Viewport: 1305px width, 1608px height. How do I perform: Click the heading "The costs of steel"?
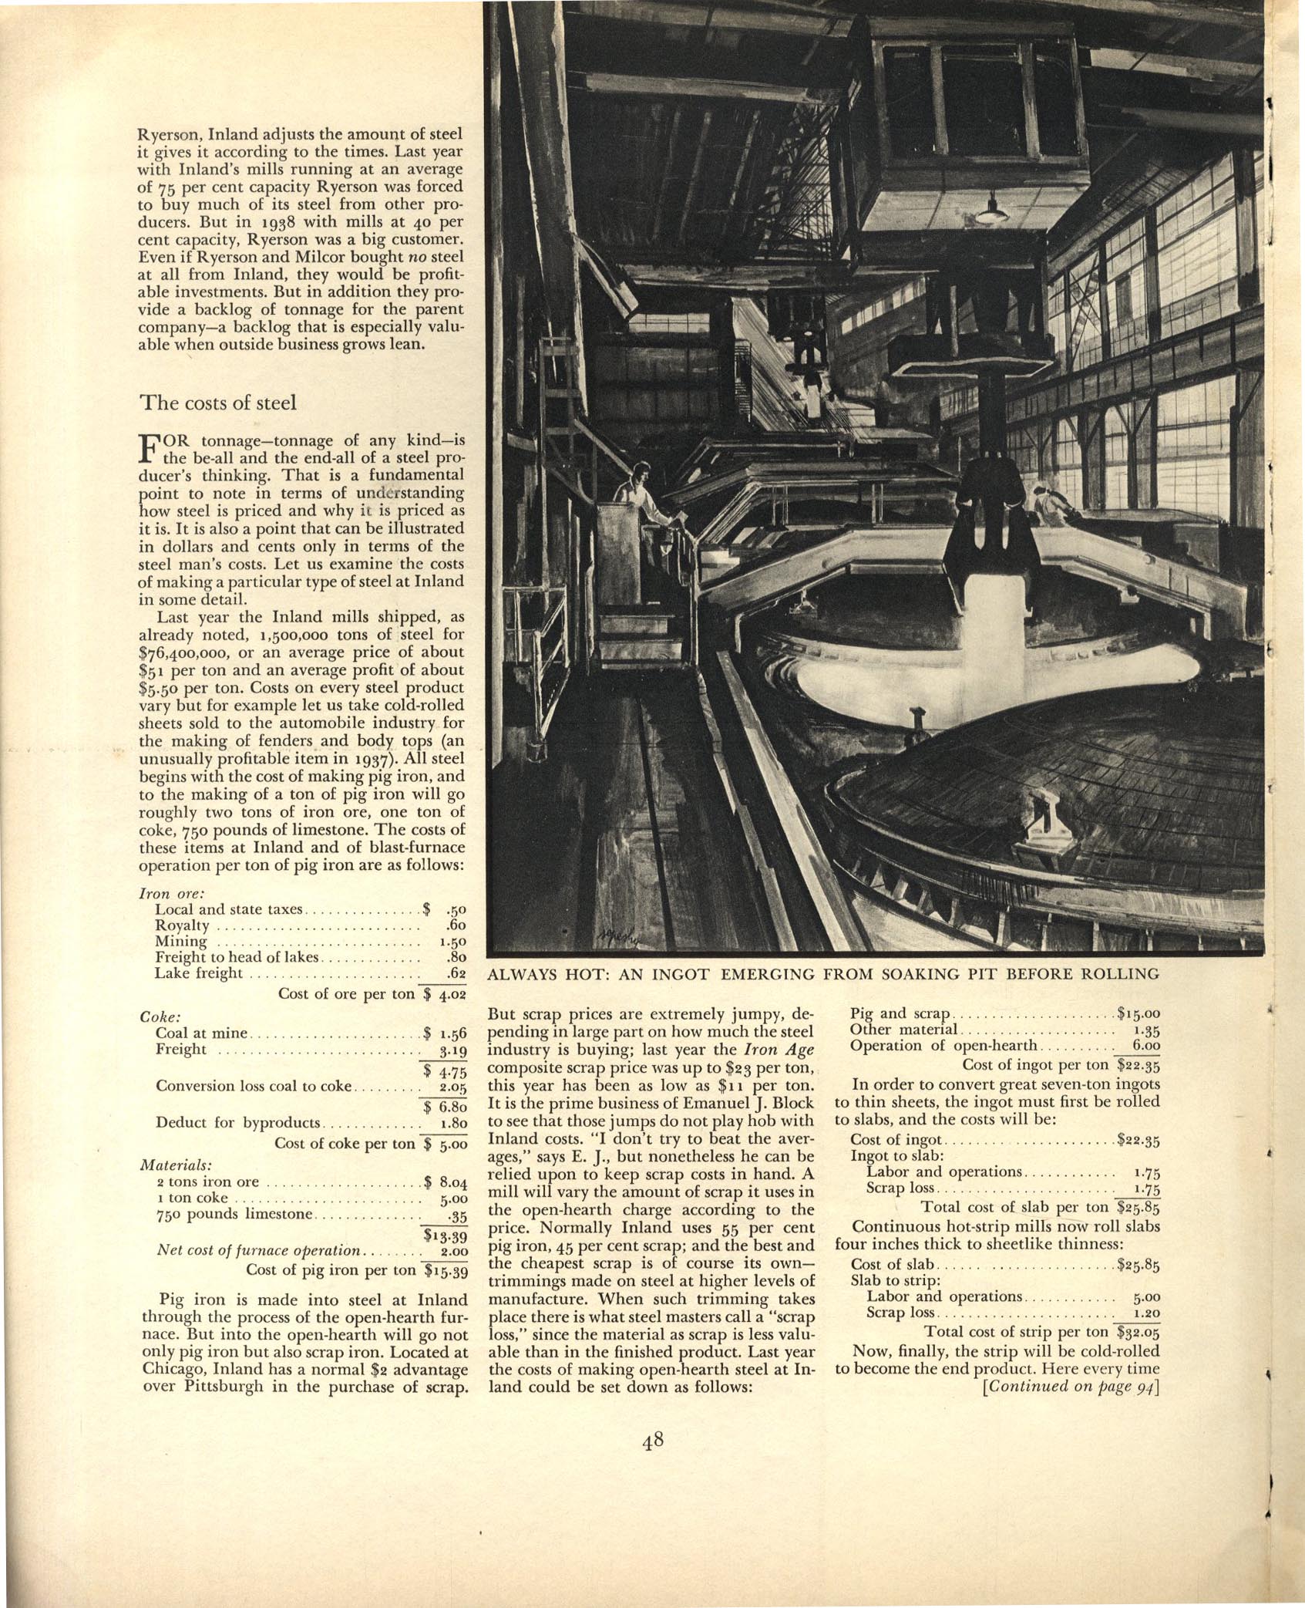(x=217, y=403)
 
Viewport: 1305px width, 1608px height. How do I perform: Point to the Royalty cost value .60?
(x=456, y=925)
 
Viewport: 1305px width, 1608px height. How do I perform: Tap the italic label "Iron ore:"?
(x=160, y=893)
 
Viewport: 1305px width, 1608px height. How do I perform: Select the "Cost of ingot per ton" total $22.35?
(x=1139, y=1065)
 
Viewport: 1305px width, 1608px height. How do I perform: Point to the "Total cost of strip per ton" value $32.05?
(x=1138, y=1331)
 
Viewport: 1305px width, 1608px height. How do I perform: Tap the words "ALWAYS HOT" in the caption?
(x=543, y=974)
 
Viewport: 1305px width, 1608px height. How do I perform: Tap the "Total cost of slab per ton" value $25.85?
(x=1138, y=1207)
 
